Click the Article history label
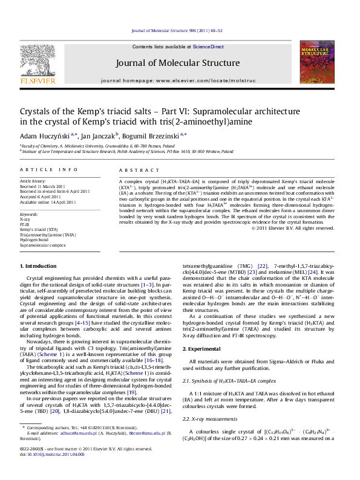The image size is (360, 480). [33, 180]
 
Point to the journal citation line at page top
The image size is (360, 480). [180, 29]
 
